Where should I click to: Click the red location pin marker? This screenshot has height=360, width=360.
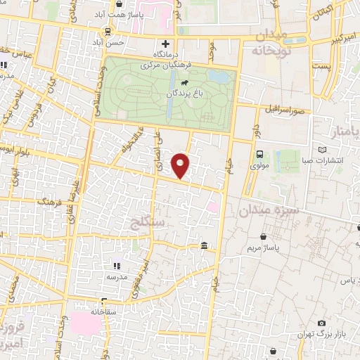[x=181, y=165]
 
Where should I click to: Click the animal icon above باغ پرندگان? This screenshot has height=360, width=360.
[x=174, y=82]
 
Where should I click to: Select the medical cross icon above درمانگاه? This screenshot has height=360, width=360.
[x=166, y=44]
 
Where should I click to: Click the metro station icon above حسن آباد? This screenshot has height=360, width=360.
[x=108, y=31]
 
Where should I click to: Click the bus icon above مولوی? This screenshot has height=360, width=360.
[x=259, y=155]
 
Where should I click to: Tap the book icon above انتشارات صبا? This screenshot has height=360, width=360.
[x=323, y=150]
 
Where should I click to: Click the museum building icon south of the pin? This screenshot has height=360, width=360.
[x=204, y=245]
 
